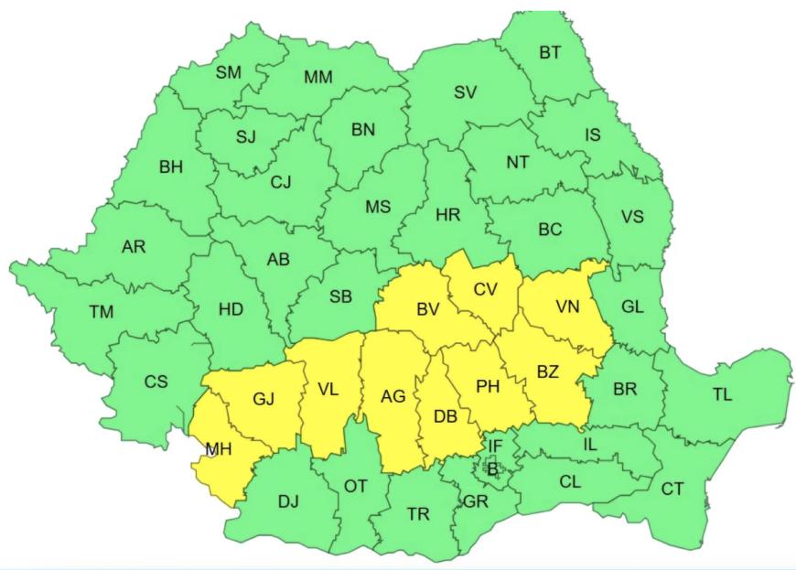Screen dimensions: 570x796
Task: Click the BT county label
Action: coord(550,52)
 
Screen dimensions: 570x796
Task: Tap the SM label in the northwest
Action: coord(229,73)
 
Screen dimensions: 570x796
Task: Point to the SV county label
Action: coord(466,91)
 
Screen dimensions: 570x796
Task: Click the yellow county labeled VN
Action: coord(567,307)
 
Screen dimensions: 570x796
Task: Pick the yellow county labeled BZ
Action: coord(547,371)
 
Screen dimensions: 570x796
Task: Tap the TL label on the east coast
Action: coord(723,395)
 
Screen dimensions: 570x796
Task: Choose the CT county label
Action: coord(672,489)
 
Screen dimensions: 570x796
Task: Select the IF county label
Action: coord(494,446)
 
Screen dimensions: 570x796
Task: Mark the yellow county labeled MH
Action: coord(218,449)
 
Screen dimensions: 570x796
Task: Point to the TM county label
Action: coord(101,312)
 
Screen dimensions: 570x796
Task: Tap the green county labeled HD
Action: coord(231,309)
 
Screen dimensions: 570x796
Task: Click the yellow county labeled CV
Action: coord(485,289)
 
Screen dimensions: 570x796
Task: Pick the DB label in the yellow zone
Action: coord(446,416)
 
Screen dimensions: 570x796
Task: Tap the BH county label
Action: coord(171,167)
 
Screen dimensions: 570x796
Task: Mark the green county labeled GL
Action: coord(632,307)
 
